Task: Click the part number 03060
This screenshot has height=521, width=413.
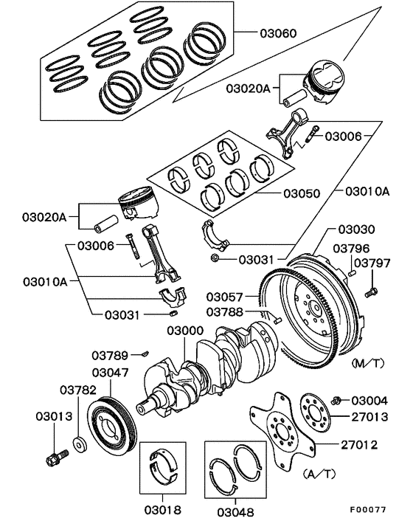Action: (x=278, y=33)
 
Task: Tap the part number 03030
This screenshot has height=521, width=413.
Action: (x=357, y=230)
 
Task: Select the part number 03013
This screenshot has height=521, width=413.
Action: (x=54, y=416)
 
